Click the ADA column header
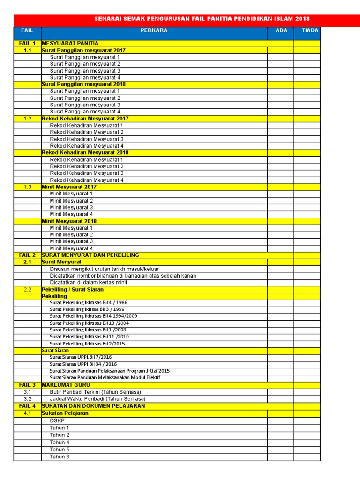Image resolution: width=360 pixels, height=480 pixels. tap(281, 30)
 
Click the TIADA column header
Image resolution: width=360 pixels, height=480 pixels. tap(310, 30)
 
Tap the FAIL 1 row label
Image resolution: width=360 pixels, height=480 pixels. tap(27, 43)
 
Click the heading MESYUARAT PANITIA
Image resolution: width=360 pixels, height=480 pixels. tap(70, 43)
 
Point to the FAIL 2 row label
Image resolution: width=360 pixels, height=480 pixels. tap(27, 255)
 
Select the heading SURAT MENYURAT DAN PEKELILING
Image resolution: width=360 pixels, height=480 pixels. tap(90, 255)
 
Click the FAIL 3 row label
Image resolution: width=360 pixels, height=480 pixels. tap(27, 385)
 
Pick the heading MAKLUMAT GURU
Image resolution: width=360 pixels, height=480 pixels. tap(66, 385)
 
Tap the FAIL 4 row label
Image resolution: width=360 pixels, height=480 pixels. tap(27, 406)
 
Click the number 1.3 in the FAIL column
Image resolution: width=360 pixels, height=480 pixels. tap(27, 187)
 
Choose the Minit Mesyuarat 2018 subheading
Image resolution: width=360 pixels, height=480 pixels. tap(69, 221)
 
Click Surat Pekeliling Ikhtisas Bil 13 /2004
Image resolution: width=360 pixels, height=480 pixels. tap(89, 323)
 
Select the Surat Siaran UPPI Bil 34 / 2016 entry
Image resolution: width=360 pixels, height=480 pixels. tap(83, 364)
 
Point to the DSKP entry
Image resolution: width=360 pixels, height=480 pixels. tap(57, 420)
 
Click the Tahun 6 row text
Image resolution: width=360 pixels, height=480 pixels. tap(60, 457)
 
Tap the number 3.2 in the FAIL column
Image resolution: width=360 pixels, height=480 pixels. tap(27, 399)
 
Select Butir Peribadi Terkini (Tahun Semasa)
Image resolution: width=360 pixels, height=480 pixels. tap(96, 392)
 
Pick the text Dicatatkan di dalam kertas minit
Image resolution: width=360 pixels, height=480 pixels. tap(89, 283)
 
